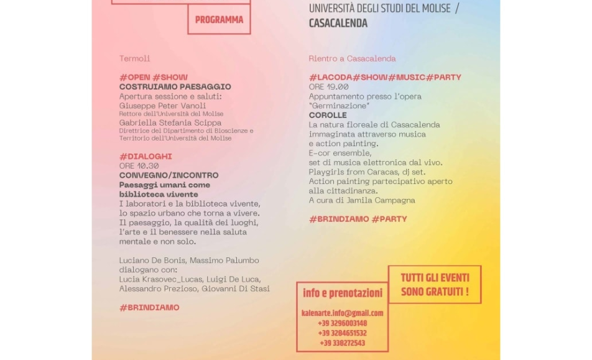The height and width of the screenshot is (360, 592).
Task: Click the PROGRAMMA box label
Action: pyautogui.click(x=219, y=20)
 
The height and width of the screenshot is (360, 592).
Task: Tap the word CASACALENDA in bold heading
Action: pyautogui.click(x=338, y=24)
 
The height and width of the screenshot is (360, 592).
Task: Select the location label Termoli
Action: pyautogui.click(x=135, y=58)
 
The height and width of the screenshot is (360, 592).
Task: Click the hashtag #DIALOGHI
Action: pyautogui.click(x=146, y=157)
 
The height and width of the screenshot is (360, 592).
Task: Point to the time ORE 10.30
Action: pyautogui.click(x=139, y=166)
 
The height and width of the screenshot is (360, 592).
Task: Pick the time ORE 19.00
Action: pyautogui.click(x=329, y=87)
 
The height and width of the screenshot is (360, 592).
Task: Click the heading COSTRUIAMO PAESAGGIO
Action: pyautogui.click(x=175, y=87)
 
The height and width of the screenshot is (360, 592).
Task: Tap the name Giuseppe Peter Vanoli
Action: pyautogui.click(x=163, y=106)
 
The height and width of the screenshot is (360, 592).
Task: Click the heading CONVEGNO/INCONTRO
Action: pyautogui.click(x=169, y=175)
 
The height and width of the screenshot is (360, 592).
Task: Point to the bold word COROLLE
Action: pyautogui.click(x=328, y=115)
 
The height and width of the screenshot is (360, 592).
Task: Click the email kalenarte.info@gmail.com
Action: pyautogui.click(x=342, y=313)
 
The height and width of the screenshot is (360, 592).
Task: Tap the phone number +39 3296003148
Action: pyautogui.click(x=342, y=323)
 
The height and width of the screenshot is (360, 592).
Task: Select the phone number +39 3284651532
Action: pyautogui.click(x=342, y=333)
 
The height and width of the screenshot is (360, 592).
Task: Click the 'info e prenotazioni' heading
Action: pyautogui.click(x=343, y=293)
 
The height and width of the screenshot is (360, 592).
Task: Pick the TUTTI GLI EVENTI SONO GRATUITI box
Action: pyautogui.click(x=435, y=285)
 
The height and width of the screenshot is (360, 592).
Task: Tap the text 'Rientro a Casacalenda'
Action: pyautogui.click(x=352, y=58)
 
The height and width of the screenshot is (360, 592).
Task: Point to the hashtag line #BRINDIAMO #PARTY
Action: pyautogui.click(x=358, y=219)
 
